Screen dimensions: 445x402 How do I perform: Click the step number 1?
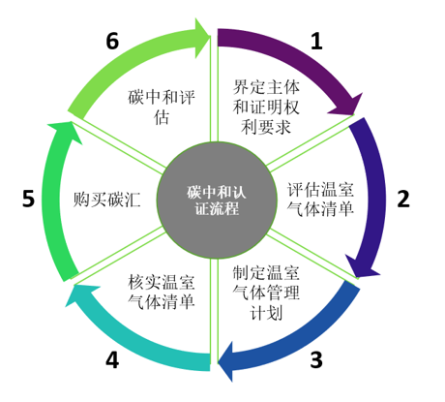point(316,41)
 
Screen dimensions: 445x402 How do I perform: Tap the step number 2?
point(403,199)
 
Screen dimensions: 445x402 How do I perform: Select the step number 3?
point(316,359)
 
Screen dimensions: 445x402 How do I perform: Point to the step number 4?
point(112,359)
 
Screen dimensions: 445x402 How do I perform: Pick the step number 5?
point(28,199)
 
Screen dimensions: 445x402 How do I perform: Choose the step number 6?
point(112,41)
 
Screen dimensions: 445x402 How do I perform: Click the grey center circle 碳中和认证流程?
point(217,201)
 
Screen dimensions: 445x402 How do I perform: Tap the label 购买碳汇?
point(106,200)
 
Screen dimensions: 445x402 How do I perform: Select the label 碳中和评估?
point(162,107)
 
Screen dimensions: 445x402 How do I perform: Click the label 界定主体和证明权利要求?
point(266,107)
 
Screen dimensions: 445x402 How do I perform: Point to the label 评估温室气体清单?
point(320,200)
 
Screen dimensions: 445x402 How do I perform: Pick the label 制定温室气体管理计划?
point(266,293)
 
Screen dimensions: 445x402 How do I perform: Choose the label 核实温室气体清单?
point(162,292)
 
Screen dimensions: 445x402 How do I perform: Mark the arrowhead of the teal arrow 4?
point(80,294)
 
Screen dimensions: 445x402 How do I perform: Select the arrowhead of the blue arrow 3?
point(225,361)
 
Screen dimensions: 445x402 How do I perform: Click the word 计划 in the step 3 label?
point(266,313)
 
